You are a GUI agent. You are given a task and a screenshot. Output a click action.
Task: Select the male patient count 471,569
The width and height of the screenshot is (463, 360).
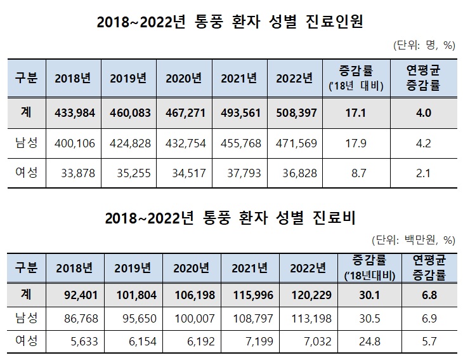[295, 143]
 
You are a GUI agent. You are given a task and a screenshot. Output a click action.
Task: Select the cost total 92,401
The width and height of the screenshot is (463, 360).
[77, 295]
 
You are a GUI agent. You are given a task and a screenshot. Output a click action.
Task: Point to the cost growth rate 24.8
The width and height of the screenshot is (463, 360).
[372, 342]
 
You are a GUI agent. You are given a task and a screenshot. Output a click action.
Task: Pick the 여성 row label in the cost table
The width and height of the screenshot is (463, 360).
[25, 342]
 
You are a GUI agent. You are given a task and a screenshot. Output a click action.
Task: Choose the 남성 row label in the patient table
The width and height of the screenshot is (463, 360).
[25, 143]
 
